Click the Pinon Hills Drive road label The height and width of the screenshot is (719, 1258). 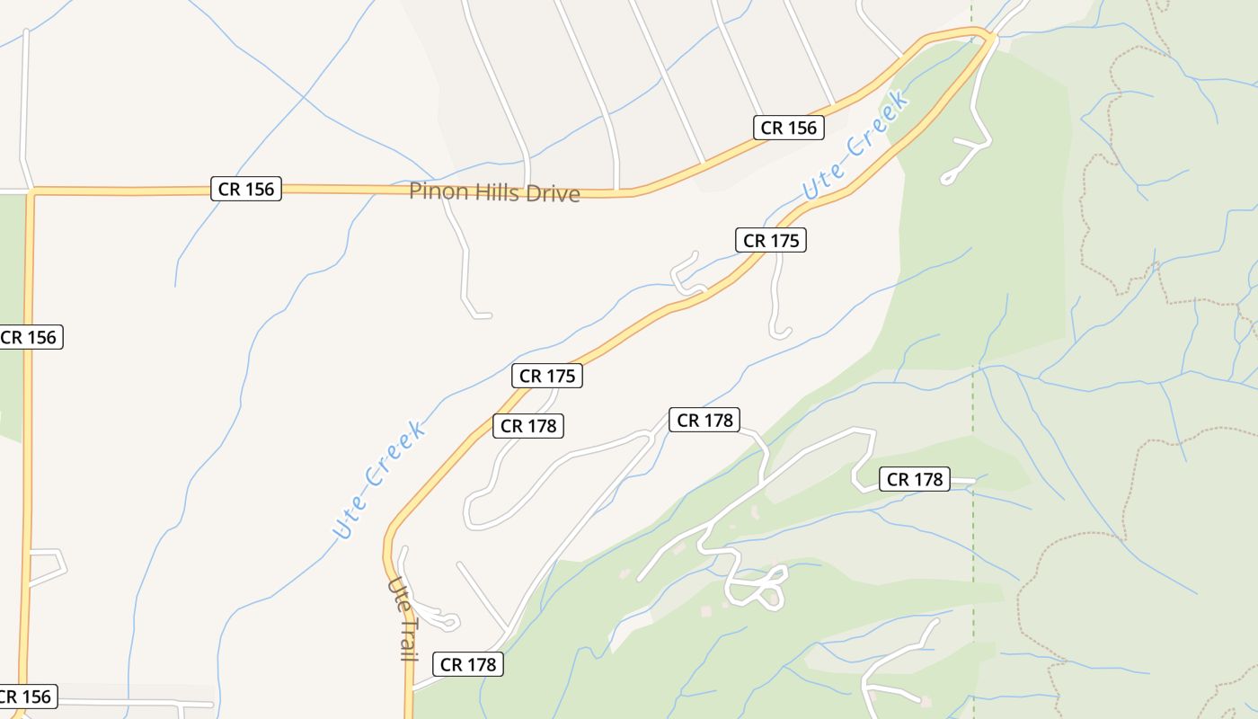[494, 192]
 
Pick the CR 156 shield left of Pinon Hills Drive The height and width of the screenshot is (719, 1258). [246, 189]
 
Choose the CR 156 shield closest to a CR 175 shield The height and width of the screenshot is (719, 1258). [789, 128]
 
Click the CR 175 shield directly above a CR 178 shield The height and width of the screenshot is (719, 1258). [547, 376]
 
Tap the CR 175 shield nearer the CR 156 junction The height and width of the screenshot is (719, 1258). [770, 240]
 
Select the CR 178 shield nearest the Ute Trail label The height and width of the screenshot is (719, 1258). [468, 664]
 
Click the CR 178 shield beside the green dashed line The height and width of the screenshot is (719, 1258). [915, 479]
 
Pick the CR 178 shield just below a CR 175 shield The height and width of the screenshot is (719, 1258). [528, 426]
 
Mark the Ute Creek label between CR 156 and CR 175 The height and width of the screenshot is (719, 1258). [855, 144]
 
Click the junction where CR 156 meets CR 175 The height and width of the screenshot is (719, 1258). [989, 35]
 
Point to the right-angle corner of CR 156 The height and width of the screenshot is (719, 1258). [31, 191]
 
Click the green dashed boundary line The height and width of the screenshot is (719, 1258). [973, 270]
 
